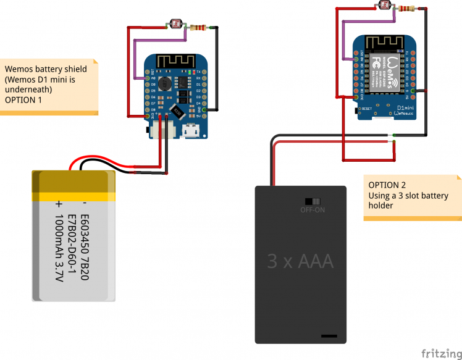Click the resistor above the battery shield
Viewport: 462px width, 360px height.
click(x=198, y=27)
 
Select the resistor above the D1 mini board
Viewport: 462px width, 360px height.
click(x=406, y=8)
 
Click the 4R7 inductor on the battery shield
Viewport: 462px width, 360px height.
click(x=165, y=83)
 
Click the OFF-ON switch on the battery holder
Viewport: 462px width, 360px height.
click(x=313, y=201)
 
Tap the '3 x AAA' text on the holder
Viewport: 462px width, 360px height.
click(x=300, y=261)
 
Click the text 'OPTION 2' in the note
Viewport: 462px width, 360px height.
click(x=387, y=185)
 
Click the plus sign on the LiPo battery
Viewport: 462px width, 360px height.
click(x=59, y=203)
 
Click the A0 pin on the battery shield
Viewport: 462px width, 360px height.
click(x=147, y=78)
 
